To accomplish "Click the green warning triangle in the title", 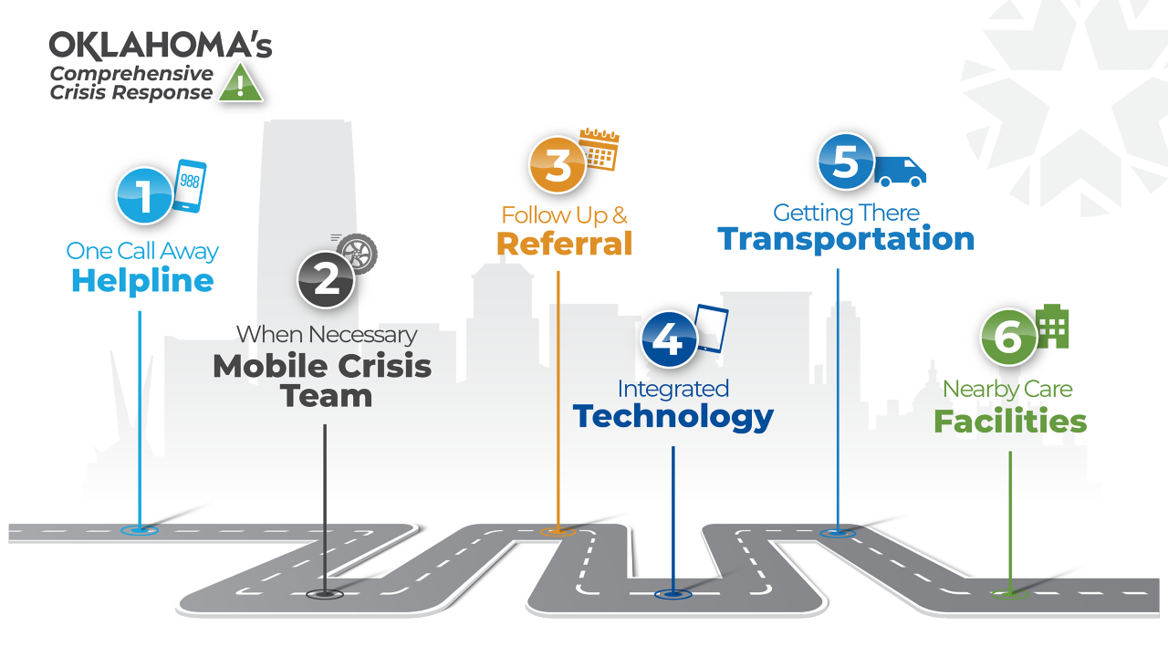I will tap(240, 84).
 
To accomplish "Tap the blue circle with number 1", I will tap(143, 195).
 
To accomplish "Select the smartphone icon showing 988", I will tap(189, 186).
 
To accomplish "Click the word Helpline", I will tap(142, 281).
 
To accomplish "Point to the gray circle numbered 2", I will tap(326, 279).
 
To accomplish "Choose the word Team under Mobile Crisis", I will tap(326, 396).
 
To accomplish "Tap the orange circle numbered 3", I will tap(558, 165).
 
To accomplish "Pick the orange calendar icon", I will tap(600, 150).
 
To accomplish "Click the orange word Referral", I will tap(565, 244).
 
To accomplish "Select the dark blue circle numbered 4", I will tap(669, 339).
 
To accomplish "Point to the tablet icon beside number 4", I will tap(712, 328).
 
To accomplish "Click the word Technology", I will tap(673, 417).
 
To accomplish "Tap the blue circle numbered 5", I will tap(845, 162).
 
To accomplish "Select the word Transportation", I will tap(846, 239).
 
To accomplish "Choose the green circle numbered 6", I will tap(1008, 338).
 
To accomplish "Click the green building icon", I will tap(1052, 326).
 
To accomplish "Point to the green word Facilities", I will tap(1010, 422).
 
